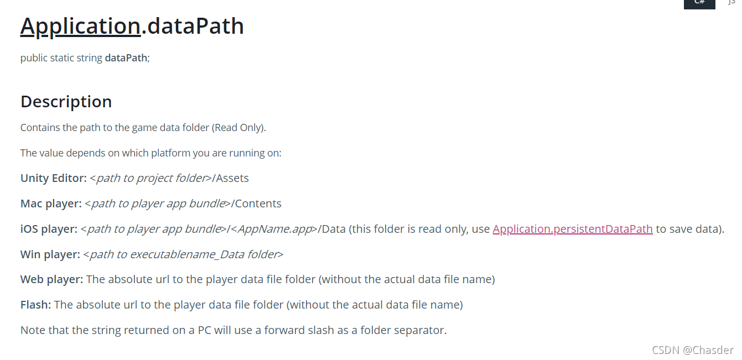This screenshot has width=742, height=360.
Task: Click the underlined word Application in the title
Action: [x=80, y=26]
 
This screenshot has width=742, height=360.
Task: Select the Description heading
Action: [x=66, y=102]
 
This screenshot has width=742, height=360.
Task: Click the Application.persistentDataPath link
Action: [x=573, y=229]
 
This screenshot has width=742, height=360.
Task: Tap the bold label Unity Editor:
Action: [x=54, y=178]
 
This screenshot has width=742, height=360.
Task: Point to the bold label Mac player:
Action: [x=51, y=204]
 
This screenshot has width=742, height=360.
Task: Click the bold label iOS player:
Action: [x=49, y=229]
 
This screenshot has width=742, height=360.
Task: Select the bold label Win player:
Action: [x=50, y=254]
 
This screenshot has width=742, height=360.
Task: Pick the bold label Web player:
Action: [x=51, y=279]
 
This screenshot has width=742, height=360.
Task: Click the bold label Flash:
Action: [x=35, y=305]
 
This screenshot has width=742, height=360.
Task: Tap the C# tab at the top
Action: [x=699, y=2]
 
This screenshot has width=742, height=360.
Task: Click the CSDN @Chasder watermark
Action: [x=693, y=350]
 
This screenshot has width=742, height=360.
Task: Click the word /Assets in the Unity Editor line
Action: [x=232, y=178]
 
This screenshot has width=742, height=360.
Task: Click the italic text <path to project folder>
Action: [x=151, y=178]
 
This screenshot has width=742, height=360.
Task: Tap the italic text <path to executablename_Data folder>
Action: [x=183, y=254]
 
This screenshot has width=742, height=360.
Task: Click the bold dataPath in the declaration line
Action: [x=126, y=58]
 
